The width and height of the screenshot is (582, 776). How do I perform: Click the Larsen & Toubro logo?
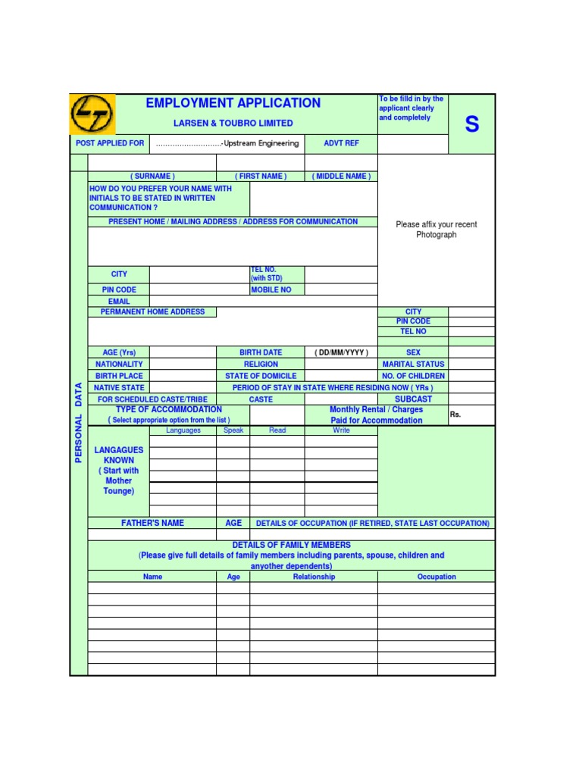pos(92,114)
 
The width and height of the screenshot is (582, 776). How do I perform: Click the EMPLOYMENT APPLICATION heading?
pos(233,103)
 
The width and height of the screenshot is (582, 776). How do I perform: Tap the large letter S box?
pos(471,124)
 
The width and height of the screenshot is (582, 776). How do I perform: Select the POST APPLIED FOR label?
pos(110,143)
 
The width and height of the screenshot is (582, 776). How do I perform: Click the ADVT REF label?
pos(341,143)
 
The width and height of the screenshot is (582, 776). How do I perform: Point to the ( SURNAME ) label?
pos(152,177)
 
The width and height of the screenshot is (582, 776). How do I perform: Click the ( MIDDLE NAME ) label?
pos(341,177)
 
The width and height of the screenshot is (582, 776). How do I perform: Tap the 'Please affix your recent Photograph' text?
pos(436,230)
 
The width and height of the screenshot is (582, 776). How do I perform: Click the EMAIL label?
pos(119,301)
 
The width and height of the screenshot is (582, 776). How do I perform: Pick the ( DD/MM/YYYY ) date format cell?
pos(341,352)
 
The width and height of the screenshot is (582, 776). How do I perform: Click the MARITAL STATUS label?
pos(413,365)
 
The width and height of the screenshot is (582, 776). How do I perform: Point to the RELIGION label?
pos(261,365)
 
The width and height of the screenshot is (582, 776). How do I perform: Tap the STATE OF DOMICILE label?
pos(261,376)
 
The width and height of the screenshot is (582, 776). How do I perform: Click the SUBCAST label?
pos(413,399)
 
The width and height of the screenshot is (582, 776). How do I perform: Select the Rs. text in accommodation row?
pos(455,415)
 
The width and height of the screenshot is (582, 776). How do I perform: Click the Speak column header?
pos(233,430)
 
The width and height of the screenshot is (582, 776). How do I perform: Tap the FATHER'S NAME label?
pos(152,523)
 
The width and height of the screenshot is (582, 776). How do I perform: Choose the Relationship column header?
pos(314,577)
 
